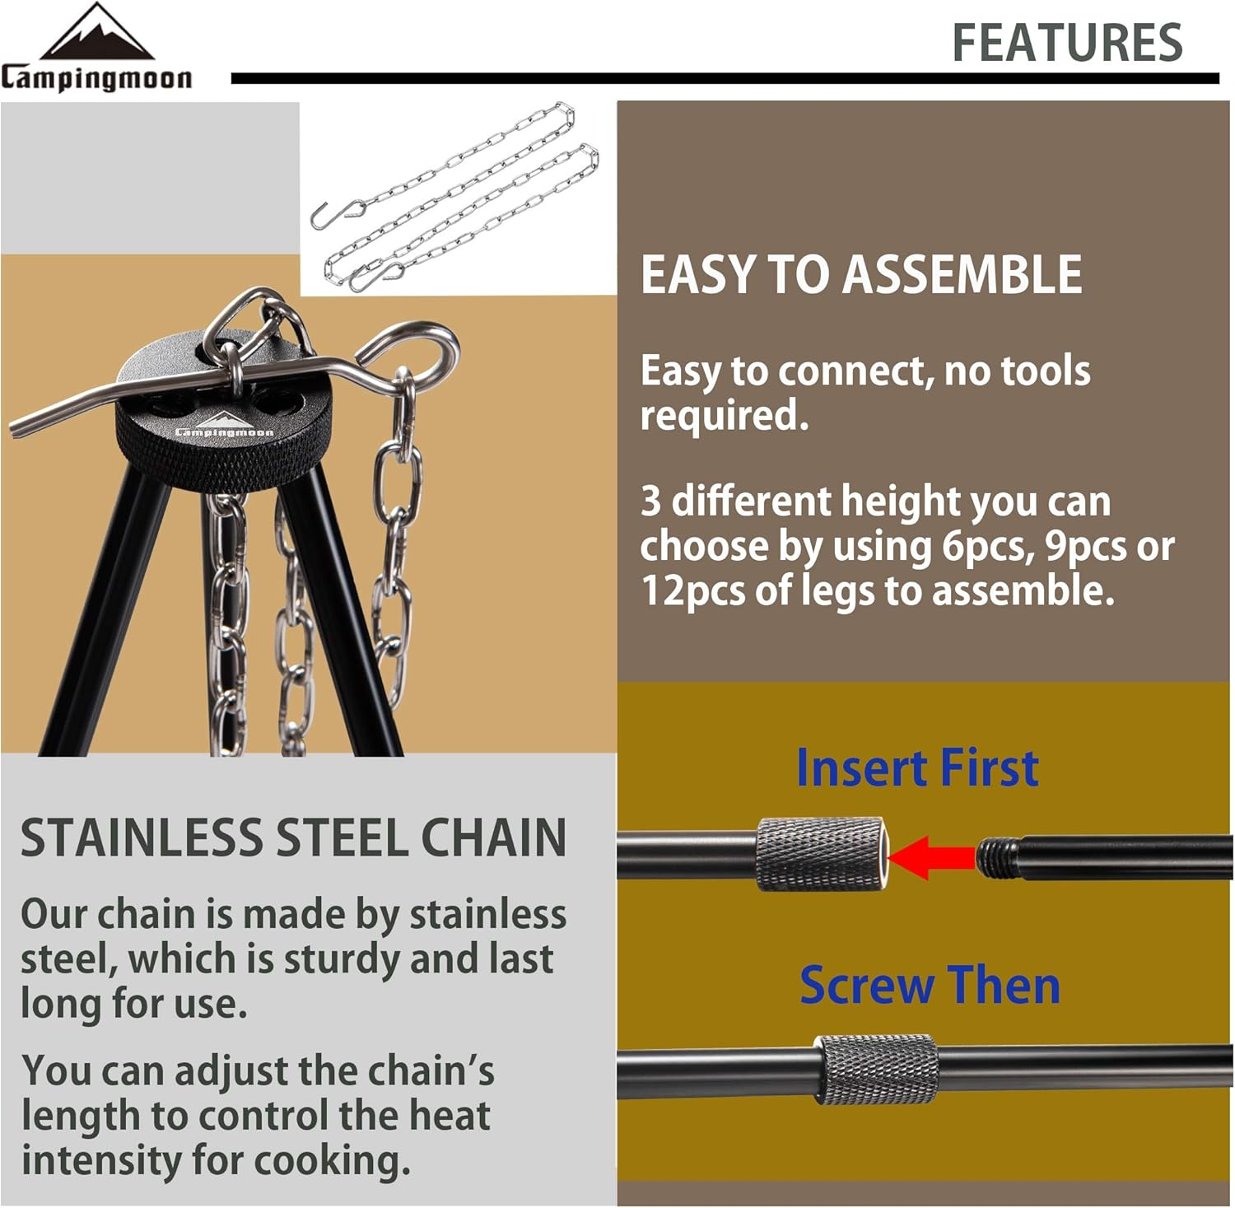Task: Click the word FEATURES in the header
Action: pyautogui.click(x=1067, y=43)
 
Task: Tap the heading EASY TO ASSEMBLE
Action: pyautogui.click(x=861, y=274)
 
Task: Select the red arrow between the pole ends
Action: pyautogui.click(x=930, y=857)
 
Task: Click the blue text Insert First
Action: pyautogui.click(x=917, y=768)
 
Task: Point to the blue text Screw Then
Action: pyautogui.click(x=930, y=985)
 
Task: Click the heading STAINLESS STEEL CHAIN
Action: pyautogui.click(x=293, y=838)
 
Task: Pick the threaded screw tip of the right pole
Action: pyautogui.click(x=997, y=858)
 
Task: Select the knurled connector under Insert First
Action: pyautogui.click(x=820, y=854)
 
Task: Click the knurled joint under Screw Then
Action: pyautogui.click(x=877, y=1069)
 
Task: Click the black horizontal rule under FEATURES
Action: pyautogui.click(x=725, y=78)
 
